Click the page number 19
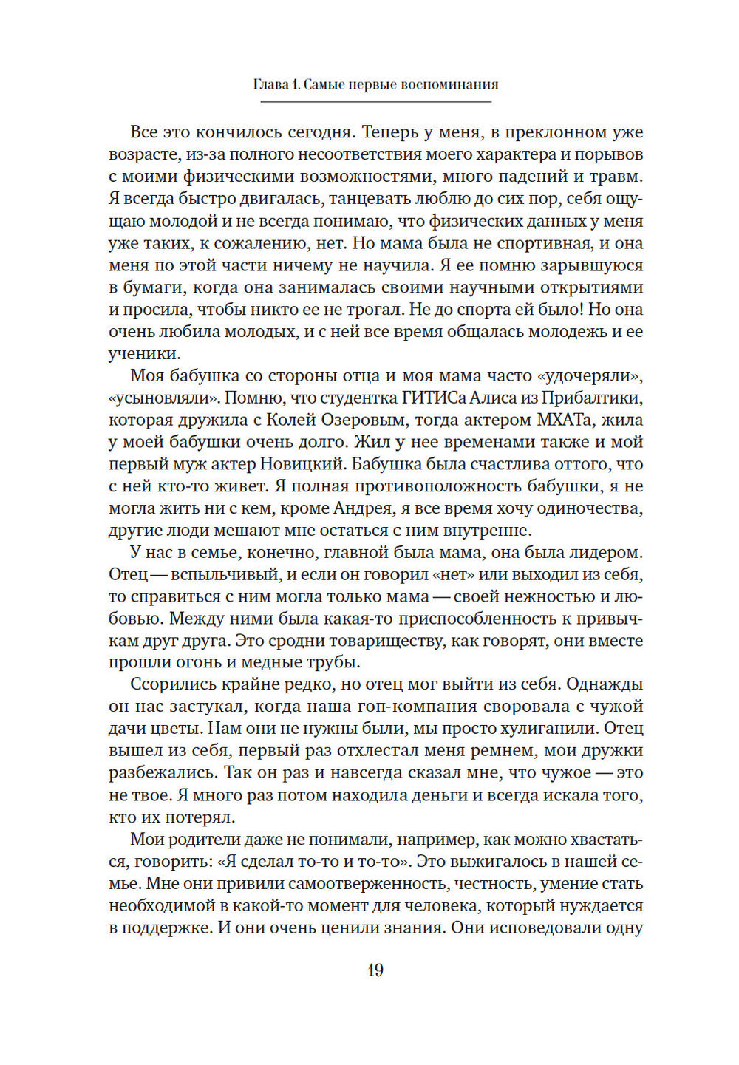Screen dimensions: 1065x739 click(x=375, y=970)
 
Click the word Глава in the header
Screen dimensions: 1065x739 click(x=271, y=84)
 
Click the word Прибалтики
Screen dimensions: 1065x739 click(x=591, y=398)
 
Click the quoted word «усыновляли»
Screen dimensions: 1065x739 click(x=163, y=398)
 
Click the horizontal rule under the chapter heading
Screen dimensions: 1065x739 click(x=375, y=101)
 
